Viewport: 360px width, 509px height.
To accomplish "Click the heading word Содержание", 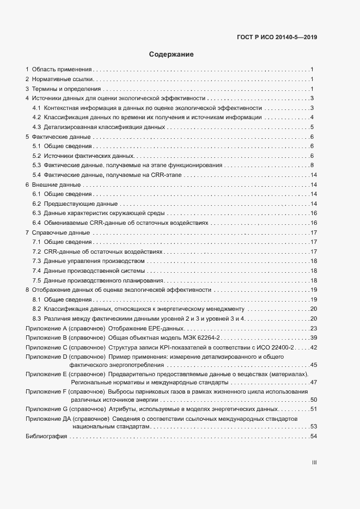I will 171,54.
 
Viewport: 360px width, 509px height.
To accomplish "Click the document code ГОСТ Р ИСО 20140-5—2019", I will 277,38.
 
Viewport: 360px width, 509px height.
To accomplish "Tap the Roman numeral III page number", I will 314,463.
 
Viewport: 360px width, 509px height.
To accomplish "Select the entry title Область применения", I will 62,69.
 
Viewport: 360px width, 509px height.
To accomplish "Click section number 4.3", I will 37,127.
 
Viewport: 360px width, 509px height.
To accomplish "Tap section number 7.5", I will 37,280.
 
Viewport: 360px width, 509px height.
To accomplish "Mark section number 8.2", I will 37,309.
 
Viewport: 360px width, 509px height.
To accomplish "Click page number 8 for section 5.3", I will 312,165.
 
